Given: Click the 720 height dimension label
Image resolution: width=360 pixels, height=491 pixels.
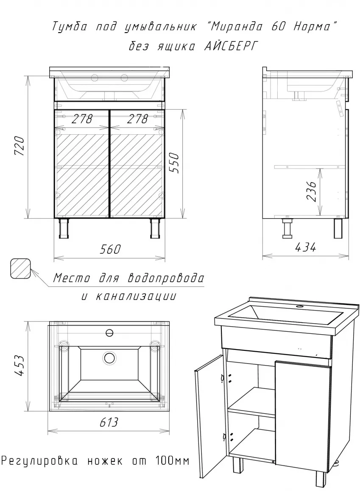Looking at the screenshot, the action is (x=19, y=146).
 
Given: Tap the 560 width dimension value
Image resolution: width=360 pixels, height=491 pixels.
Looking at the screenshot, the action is (x=110, y=249).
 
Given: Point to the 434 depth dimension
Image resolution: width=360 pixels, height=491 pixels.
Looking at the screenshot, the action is (x=305, y=247).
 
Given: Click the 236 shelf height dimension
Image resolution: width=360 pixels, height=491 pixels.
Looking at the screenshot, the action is (x=311, y=191).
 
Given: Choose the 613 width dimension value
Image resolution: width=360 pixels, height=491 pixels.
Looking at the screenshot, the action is (x=109, y=422).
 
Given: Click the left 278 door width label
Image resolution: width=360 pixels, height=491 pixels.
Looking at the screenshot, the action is (x=82, y=119).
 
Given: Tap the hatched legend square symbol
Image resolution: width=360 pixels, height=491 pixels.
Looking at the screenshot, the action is (x=20, y=269).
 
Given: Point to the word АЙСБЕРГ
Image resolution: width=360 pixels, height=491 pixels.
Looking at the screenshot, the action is (x=231, y=46).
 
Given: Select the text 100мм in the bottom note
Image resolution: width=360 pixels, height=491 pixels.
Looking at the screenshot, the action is (x=172, y=461).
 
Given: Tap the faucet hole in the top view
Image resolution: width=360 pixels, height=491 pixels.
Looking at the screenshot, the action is (x=110, y=333).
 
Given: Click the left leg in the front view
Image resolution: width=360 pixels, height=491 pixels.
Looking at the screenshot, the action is (x=64, y=229).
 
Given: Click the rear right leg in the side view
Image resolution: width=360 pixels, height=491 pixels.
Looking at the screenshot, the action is (x=339, y=228).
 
